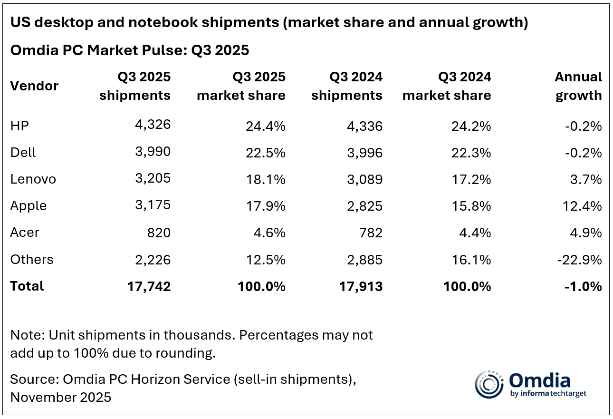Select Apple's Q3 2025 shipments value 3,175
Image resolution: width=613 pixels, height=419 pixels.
click(x=151, y=206)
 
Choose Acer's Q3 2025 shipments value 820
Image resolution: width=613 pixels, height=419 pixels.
click(x=159, y=233)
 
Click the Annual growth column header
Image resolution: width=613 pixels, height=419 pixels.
click(x=578, y=86)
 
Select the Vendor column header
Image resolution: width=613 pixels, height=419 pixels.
click(x=34, y=86)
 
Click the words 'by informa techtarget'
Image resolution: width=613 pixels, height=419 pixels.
click(x=547, y=394)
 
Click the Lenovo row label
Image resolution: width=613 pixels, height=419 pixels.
click(x=33, y=179)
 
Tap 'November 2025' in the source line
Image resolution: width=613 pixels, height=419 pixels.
click(x=61, y=397)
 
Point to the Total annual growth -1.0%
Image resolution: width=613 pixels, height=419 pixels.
click(x=583, y=286)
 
